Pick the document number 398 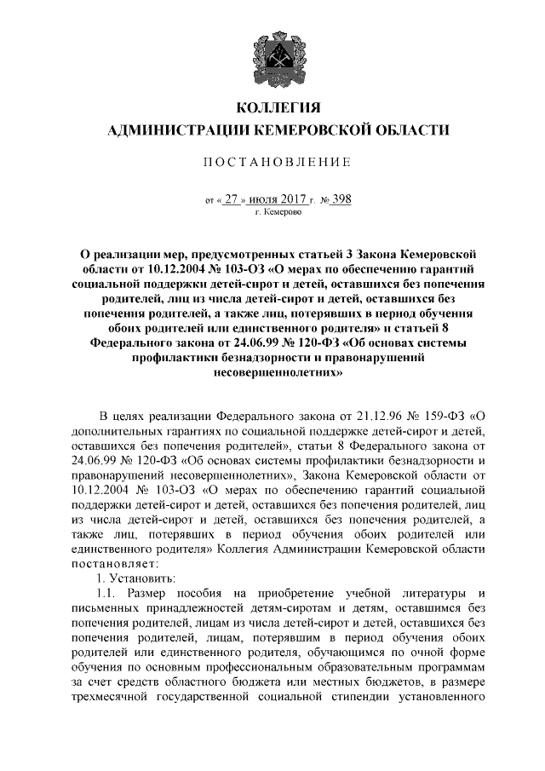pos(341,199)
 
